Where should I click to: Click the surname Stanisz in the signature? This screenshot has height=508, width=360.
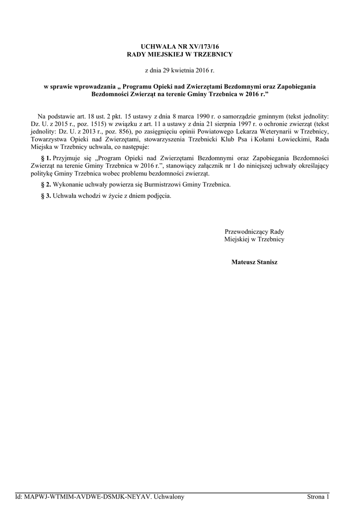265,262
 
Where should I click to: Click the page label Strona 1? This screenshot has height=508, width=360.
318,497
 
